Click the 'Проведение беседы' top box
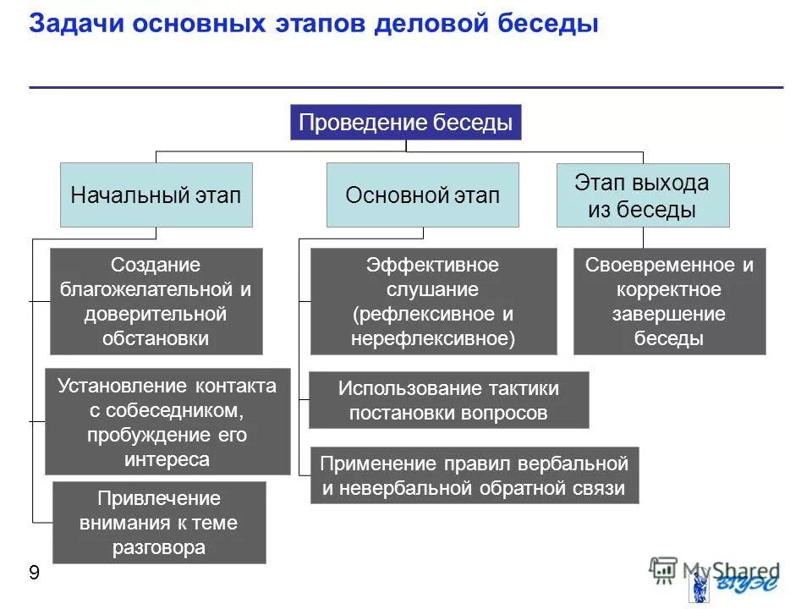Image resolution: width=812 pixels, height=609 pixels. click(406, 123)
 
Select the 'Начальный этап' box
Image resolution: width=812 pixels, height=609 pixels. click(156, 195)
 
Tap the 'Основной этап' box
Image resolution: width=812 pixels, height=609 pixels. click(422, 195)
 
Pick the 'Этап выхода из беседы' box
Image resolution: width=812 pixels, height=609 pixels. click(642, 195)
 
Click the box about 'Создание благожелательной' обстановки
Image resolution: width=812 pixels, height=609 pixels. click(156, 301)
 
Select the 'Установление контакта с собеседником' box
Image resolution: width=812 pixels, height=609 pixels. click(167, 421)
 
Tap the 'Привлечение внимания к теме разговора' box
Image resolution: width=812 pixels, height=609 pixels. click(159, 522)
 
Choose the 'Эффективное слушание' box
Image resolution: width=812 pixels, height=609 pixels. click(433, 301)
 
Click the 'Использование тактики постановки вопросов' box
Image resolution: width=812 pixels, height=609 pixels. click(448, 400)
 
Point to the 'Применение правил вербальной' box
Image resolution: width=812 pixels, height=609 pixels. click(474, 475)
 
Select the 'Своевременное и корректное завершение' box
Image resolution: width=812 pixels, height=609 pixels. click(669, 301)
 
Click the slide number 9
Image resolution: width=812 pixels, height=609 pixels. click(34, 573)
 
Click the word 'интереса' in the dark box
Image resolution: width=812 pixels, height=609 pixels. click(167, 459)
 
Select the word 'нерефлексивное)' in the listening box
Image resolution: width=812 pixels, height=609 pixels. click(433, 337)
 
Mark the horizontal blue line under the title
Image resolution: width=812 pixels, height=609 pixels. click(406, 86)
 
